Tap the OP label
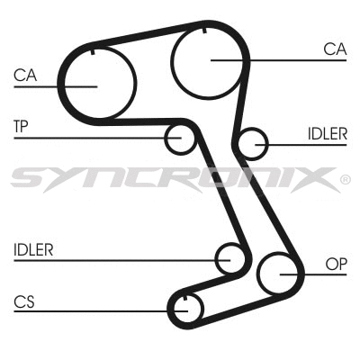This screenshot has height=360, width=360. point(336,265)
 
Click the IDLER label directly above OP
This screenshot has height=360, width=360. point(327,133)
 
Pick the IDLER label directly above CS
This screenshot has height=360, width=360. point(33,249)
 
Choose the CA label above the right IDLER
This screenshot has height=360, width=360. point(335,49)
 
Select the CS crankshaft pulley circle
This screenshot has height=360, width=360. point(184,307)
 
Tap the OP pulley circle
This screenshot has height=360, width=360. point(280,274)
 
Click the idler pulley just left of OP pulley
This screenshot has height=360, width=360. point(230,259)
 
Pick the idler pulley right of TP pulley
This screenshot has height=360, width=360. point(254,142)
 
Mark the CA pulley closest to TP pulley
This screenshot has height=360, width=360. point(96,83)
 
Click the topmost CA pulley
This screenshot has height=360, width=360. point(210,60)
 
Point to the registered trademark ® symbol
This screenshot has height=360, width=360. point(346,180)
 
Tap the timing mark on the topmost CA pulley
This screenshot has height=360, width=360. point(206,31)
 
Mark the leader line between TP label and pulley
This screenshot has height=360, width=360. point(99,138)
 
